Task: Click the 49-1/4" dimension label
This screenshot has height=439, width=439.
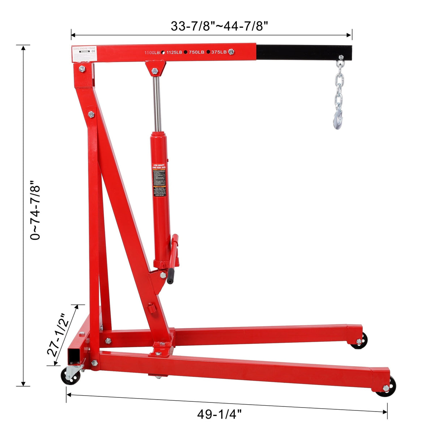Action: tap(219, 414)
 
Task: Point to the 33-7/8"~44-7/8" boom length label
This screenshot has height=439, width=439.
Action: tap(219, 26)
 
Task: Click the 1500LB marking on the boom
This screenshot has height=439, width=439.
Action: tap(152, 53)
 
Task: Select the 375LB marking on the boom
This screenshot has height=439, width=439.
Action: tap(219, 52)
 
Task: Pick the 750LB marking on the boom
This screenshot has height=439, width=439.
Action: tap(196, 52)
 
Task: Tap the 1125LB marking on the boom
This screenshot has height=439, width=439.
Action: tap(174, 53)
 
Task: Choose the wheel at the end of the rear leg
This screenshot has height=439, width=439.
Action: tap(359, 341)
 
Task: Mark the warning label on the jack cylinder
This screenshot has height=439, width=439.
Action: tap(159, 180)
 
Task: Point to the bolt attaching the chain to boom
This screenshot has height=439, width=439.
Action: tap(341, 57)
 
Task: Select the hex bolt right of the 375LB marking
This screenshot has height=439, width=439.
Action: tap(231, 52)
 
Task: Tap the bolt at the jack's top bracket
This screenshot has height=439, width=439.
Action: tap(155, 71)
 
